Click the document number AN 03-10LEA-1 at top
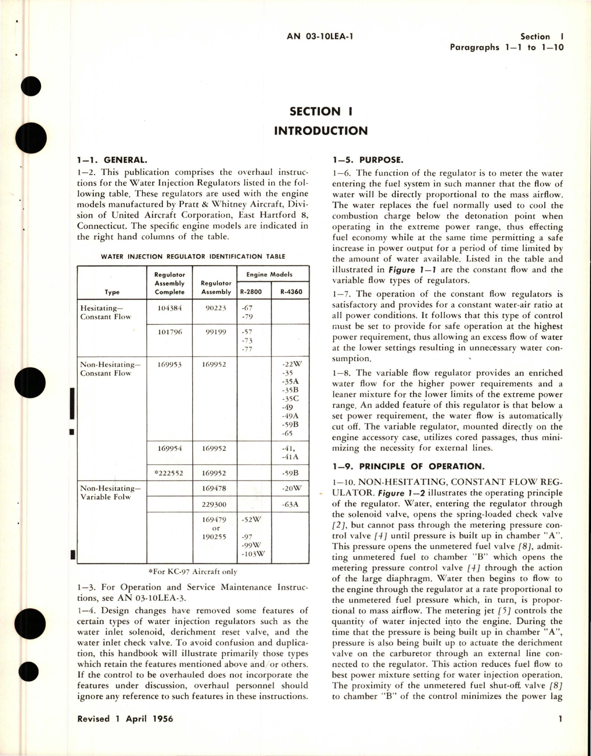(320, 37)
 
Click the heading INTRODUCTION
(321, 131)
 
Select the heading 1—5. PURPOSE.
(368, 160)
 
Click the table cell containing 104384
(169, 308)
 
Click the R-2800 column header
(251, 292)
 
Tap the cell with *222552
(169, 473)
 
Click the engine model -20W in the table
(291, 488)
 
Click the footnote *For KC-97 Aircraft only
(193, 572)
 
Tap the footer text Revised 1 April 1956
(125, 719)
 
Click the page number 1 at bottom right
(560, 719)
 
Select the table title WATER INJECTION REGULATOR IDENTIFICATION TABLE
(193, 256)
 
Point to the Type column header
(112, 292)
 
